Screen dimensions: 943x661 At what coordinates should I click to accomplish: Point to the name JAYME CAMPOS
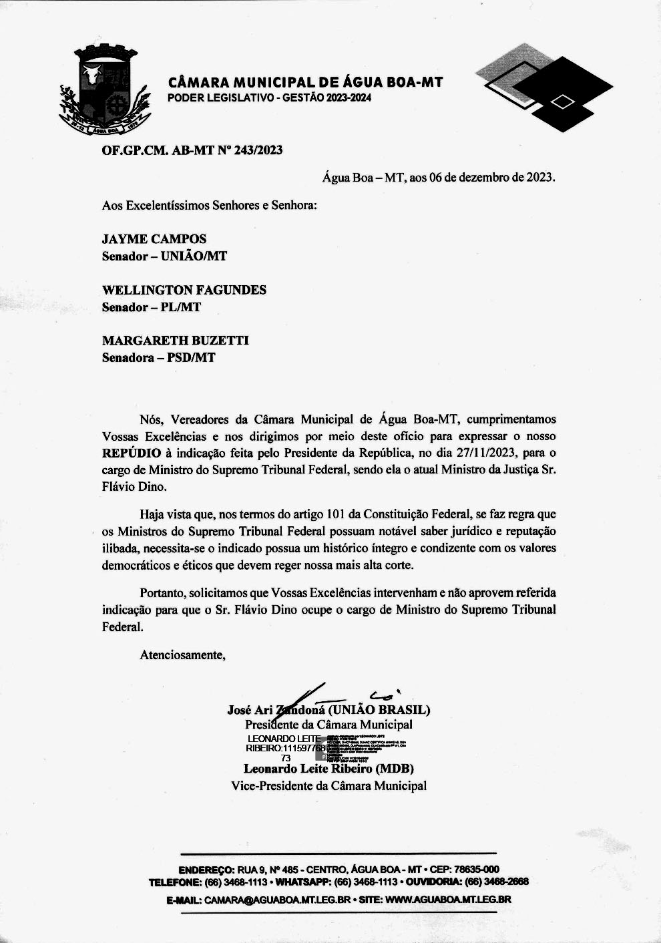click(x=154, y=239)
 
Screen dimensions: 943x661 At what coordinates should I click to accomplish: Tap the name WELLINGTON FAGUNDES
click(x=184, y=290)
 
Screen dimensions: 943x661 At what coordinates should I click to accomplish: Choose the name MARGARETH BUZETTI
click(x=176, y=341)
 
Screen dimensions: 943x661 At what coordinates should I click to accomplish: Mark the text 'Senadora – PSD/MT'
click(x=159, y=358)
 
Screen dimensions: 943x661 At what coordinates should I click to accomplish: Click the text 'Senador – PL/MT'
click(x=152, y=307)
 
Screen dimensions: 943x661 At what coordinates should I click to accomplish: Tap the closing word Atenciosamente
click(x=182, y=655)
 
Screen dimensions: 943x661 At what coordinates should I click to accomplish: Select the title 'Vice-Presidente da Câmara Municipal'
click(x=328, y=786)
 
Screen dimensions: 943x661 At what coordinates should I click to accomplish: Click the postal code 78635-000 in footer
click(x=476, y=870)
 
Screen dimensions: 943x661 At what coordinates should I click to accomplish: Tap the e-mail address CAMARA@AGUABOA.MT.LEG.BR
click(x=277, y=900)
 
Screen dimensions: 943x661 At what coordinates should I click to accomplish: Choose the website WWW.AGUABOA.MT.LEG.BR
click(x=448, y=900)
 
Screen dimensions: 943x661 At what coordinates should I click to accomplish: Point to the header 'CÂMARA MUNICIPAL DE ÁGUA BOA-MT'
click(x=306, y=83)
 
